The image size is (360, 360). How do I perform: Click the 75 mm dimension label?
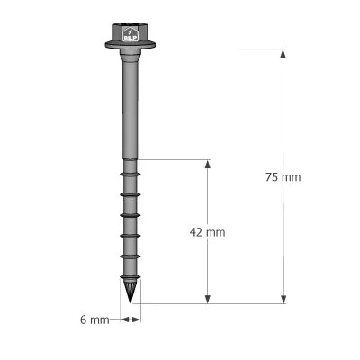(x=284, y=177)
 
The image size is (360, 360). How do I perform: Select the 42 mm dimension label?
(x=208, y=232)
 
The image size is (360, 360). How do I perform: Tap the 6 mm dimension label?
(x=94, y=319)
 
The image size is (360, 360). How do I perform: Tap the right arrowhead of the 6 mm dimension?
(x=138, y=319)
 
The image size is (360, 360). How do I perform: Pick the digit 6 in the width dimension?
(x=83, y=319)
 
